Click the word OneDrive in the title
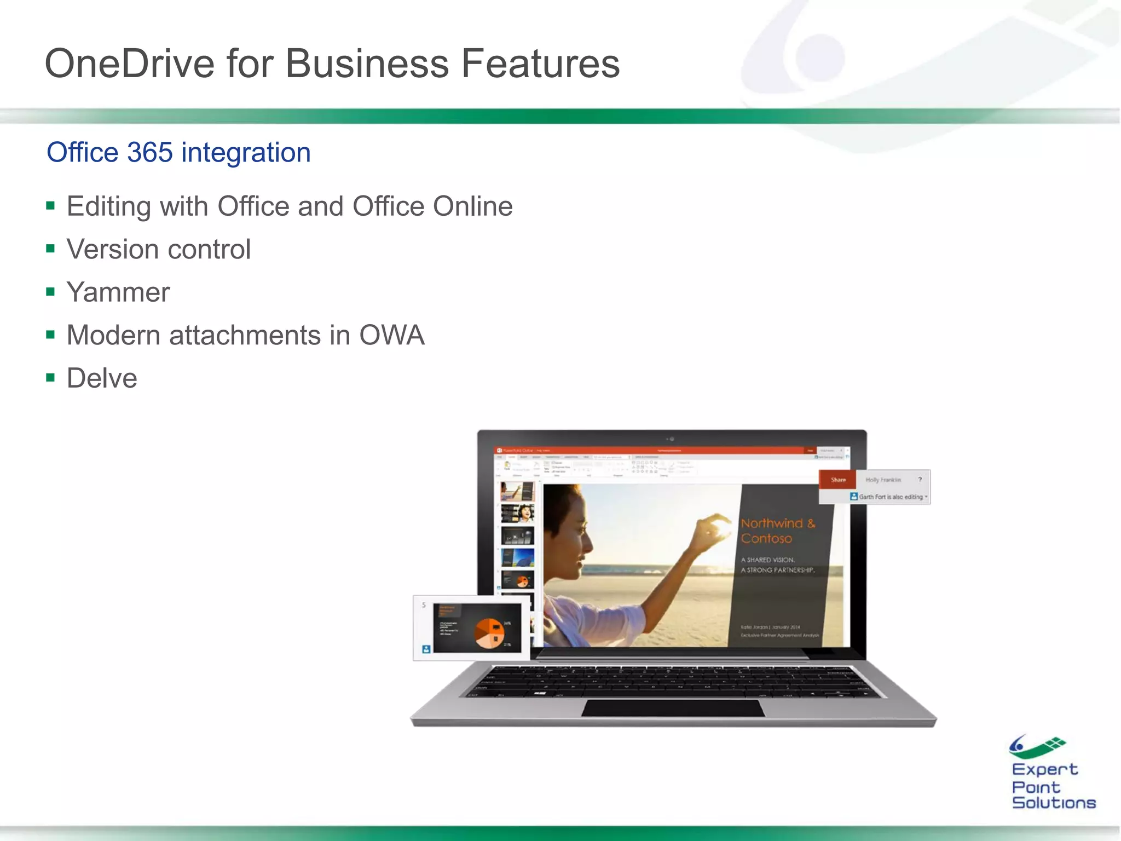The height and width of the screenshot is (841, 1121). pos(129,64)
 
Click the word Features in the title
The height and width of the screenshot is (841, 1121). pos(540,64)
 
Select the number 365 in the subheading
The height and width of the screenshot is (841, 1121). pos(149,152)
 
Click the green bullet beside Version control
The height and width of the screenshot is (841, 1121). pos(51,249)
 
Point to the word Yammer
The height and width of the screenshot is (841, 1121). pos(118,292)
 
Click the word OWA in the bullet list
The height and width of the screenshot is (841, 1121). pos(392,335)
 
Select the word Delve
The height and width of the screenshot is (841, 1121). pos(102,378)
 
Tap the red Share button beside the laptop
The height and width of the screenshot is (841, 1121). pos(837,480)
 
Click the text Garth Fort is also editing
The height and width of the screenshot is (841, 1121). pos(891,497)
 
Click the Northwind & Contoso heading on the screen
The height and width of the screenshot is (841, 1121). pos(777,531)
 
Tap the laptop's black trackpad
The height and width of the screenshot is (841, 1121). pos(673,708)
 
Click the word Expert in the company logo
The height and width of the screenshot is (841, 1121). pos(1044,769)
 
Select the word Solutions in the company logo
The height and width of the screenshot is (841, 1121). pos(1054,803)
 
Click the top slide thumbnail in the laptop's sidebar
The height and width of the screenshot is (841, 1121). pos(517,491)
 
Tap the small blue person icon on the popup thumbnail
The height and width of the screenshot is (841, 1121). pos(426,649)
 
